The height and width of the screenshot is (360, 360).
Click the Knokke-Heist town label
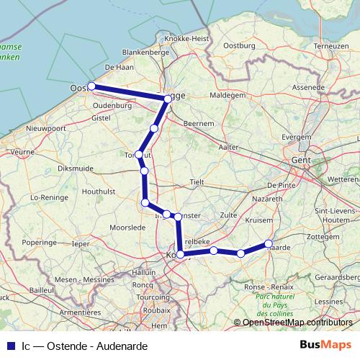[186, 38]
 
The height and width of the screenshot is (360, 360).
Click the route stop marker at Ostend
[91, 86]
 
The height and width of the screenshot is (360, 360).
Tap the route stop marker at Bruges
[168, 99]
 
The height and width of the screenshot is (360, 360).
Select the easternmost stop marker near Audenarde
[269, 243]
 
